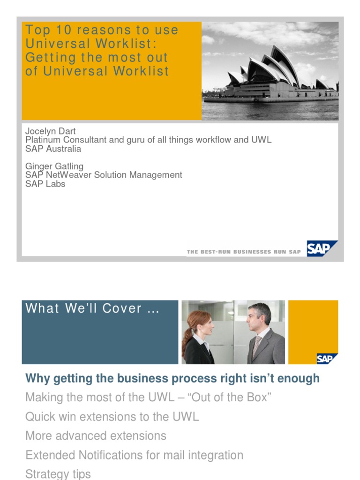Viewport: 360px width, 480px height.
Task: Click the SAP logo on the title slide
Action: [322, 248]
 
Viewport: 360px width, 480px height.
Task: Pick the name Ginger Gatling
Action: [54, 166]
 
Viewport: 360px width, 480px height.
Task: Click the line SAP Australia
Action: [53, 149]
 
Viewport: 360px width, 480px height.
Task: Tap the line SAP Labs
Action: [45, 184]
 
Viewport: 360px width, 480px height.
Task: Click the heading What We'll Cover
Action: [92, 308]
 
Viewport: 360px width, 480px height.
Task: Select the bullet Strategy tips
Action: [58, 474]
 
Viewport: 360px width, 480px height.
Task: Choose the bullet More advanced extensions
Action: [96, 435]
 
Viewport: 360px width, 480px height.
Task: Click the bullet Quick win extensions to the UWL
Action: [112, 416]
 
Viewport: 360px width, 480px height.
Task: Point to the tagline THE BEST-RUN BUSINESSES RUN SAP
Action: [244, 252]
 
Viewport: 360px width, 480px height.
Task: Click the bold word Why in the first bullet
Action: [36, 378]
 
